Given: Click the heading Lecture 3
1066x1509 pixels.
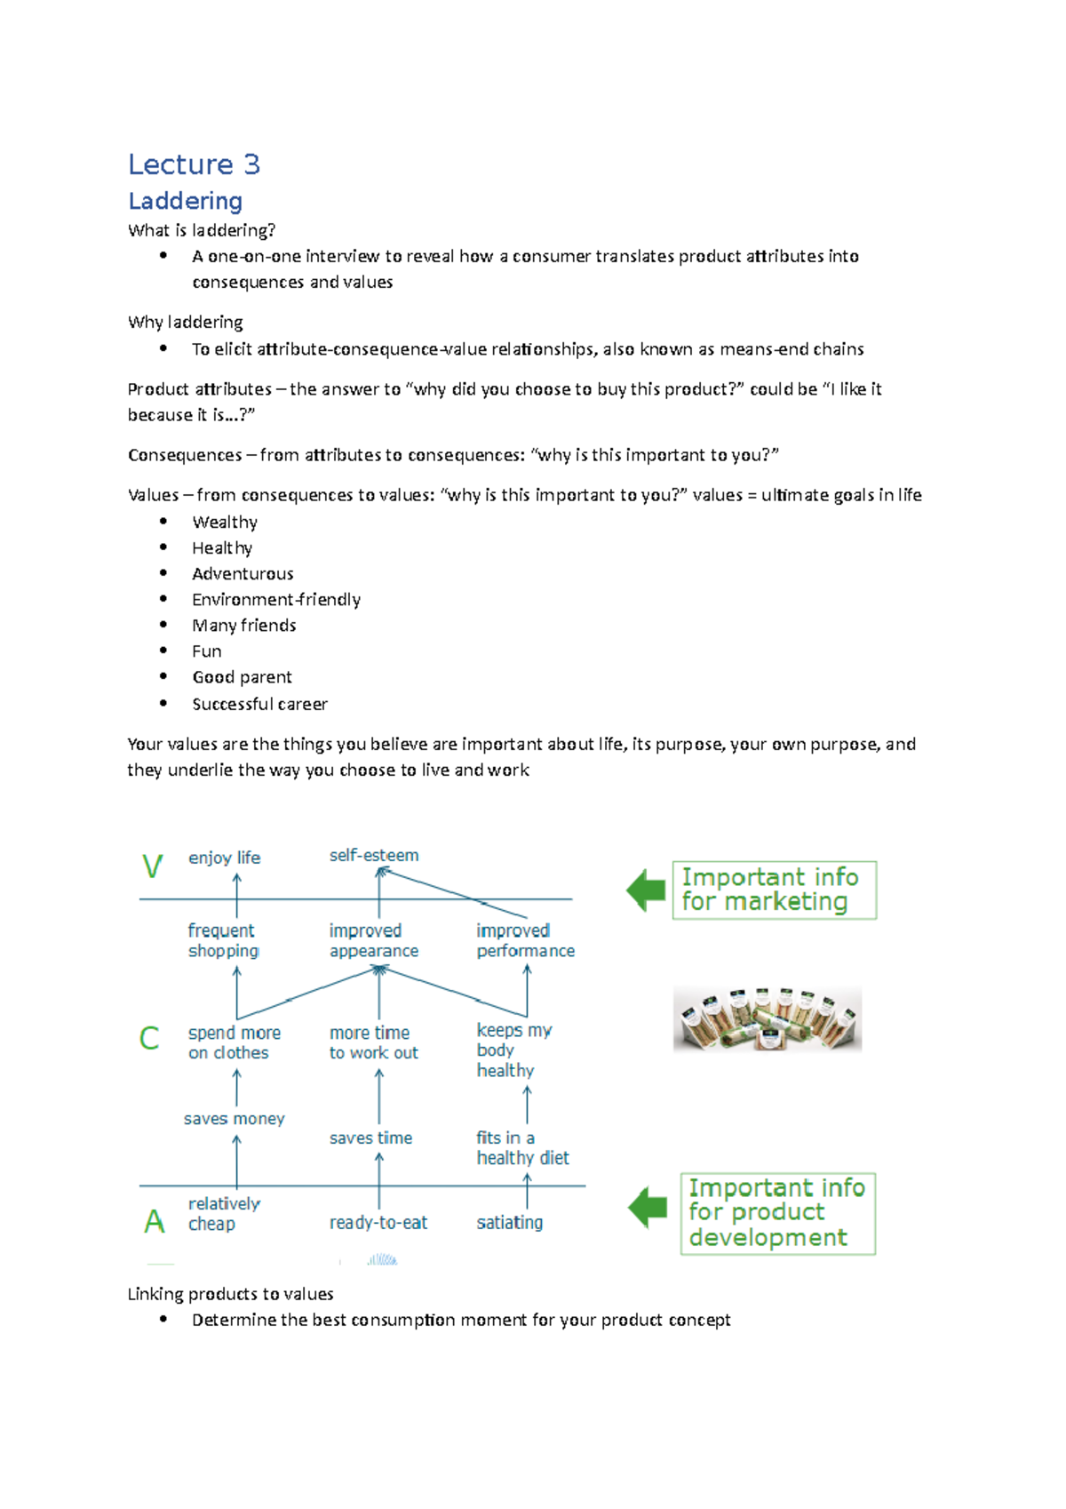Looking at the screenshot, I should click(x=194, y=164).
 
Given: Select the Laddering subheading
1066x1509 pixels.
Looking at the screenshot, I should click(x=185, y=201).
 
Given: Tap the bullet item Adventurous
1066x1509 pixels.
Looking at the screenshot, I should click(x=243, y=574).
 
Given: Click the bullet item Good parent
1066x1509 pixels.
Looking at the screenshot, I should click(x=242, y=677).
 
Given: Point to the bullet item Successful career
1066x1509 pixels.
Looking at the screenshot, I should click(x=259, y=704).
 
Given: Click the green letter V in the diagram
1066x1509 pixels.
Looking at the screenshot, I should click(x=153, y=866).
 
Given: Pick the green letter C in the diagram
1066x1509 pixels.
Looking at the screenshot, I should click(x=149, y=1038).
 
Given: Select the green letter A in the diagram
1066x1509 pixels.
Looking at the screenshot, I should click(x=155, y=1222).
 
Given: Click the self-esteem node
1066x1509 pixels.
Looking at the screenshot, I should click(x=374, y=855).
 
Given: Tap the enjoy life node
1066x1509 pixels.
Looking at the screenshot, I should click(x=224, y=858).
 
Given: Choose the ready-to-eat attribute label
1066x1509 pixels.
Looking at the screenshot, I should click(x=378, y=1223).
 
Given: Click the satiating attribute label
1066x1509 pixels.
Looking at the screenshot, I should click(x=509, y=1223).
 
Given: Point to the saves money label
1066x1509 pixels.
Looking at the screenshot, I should click(x=234, y=1119).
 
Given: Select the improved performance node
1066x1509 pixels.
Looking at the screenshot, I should click(x=524, y=940).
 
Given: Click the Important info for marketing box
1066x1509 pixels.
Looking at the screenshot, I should click(x=774, y=890).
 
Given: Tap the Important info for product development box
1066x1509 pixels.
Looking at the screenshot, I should click(x=777, y=1213).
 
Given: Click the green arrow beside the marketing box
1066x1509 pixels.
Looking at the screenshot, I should click(x=646, y=890).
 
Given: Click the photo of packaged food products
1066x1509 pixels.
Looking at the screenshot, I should click(x=768, y=1018).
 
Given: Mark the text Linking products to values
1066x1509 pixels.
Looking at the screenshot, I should click(x=230, y=1294).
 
